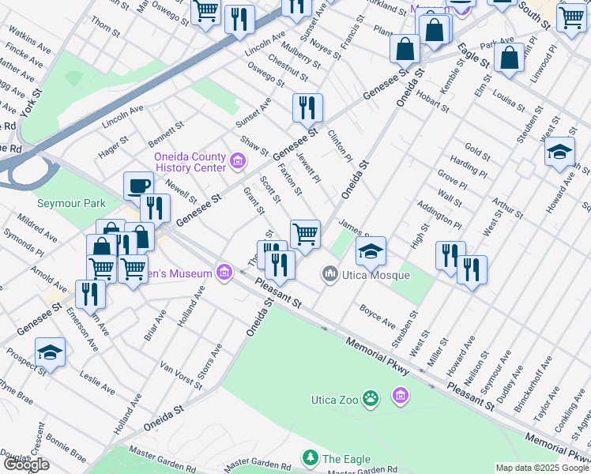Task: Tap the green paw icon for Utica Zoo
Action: click(370, 398)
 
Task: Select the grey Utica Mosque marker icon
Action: click(329, 275)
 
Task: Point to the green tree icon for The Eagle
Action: click(311, 458)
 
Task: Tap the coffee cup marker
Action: click(138, 186)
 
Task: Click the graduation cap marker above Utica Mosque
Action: click(371, 250)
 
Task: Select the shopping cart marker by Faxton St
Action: click(305, 234)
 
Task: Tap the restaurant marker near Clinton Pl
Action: click(307, 107)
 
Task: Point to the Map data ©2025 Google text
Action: click(542, 468)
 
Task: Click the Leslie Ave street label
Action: click(97, 383)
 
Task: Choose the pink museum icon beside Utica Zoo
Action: click(401, 394)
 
